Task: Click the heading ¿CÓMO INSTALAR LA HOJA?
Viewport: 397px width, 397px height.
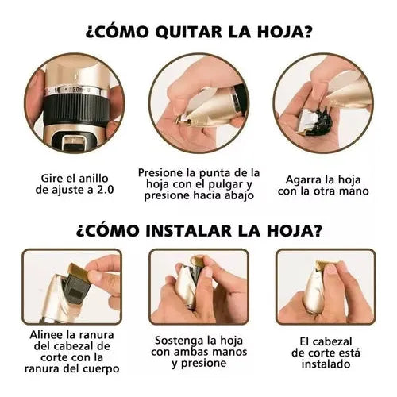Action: coord(198,231)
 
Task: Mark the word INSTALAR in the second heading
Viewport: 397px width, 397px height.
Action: coord(187,231)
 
